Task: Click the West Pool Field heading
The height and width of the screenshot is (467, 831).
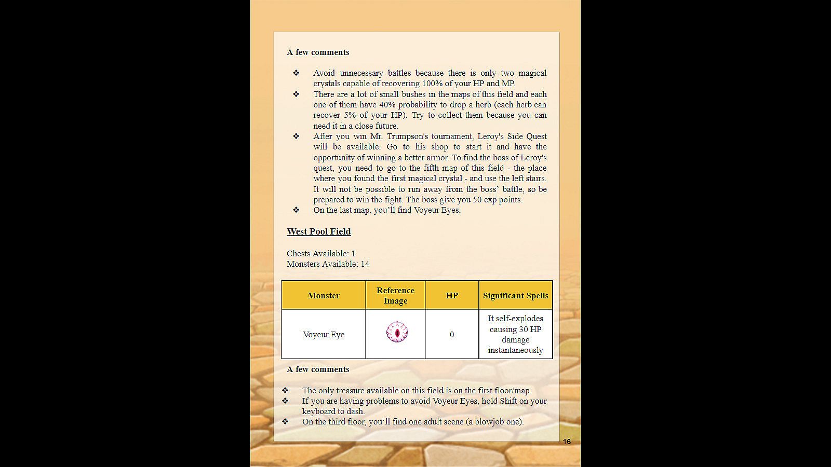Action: tap(318, 231)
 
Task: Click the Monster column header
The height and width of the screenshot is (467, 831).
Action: tap(323, 296)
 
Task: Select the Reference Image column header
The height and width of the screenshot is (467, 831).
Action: tap(395, 295)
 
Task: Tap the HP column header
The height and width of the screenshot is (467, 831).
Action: tap(452, 296)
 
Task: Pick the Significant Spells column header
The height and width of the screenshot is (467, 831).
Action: tap(515, 296)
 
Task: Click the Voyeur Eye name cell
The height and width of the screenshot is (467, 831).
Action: tap(324, 335)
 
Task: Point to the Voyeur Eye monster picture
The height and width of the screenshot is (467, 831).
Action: tap(397, 332)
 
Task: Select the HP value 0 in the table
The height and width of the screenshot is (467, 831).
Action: tap(452, 335)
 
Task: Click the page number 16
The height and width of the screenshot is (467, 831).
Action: tap(567, 442)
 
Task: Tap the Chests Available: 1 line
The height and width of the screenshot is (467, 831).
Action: tap(321, 253)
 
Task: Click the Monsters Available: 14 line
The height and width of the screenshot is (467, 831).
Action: tap(328, 264)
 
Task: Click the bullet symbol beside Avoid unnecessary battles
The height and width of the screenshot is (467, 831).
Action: tap(296, 73)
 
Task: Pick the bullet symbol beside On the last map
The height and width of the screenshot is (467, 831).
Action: tap(296, 210)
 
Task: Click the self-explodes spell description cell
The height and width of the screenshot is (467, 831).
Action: tap(515, 334)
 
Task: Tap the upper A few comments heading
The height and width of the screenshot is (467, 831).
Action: tap(318, 52)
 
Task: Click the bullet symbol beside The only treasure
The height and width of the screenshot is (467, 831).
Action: tap(285, 390)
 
